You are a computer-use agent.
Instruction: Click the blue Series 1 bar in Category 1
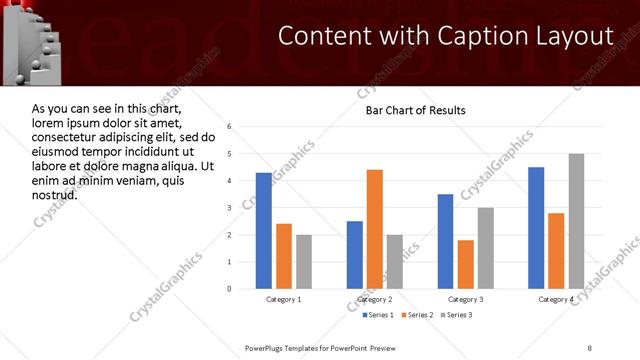click(264, 231)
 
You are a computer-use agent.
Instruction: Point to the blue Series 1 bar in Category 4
click(536, 228)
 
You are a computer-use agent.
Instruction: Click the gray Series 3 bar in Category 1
click(303, 262)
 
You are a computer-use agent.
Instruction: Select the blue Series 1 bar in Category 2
click(355, 255)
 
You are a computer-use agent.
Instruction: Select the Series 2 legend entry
click(417, 315)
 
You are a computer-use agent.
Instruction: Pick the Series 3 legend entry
click(458, 315)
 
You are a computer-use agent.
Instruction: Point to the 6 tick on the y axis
click(230, 127)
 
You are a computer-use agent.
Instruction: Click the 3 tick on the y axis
click(230, 208)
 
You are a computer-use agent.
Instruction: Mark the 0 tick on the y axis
click(230, 289)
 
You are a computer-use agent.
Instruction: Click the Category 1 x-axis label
click(284, 299)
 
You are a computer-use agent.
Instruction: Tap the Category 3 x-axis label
click(465, 299)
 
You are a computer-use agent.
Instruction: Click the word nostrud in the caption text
click(55, 194)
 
